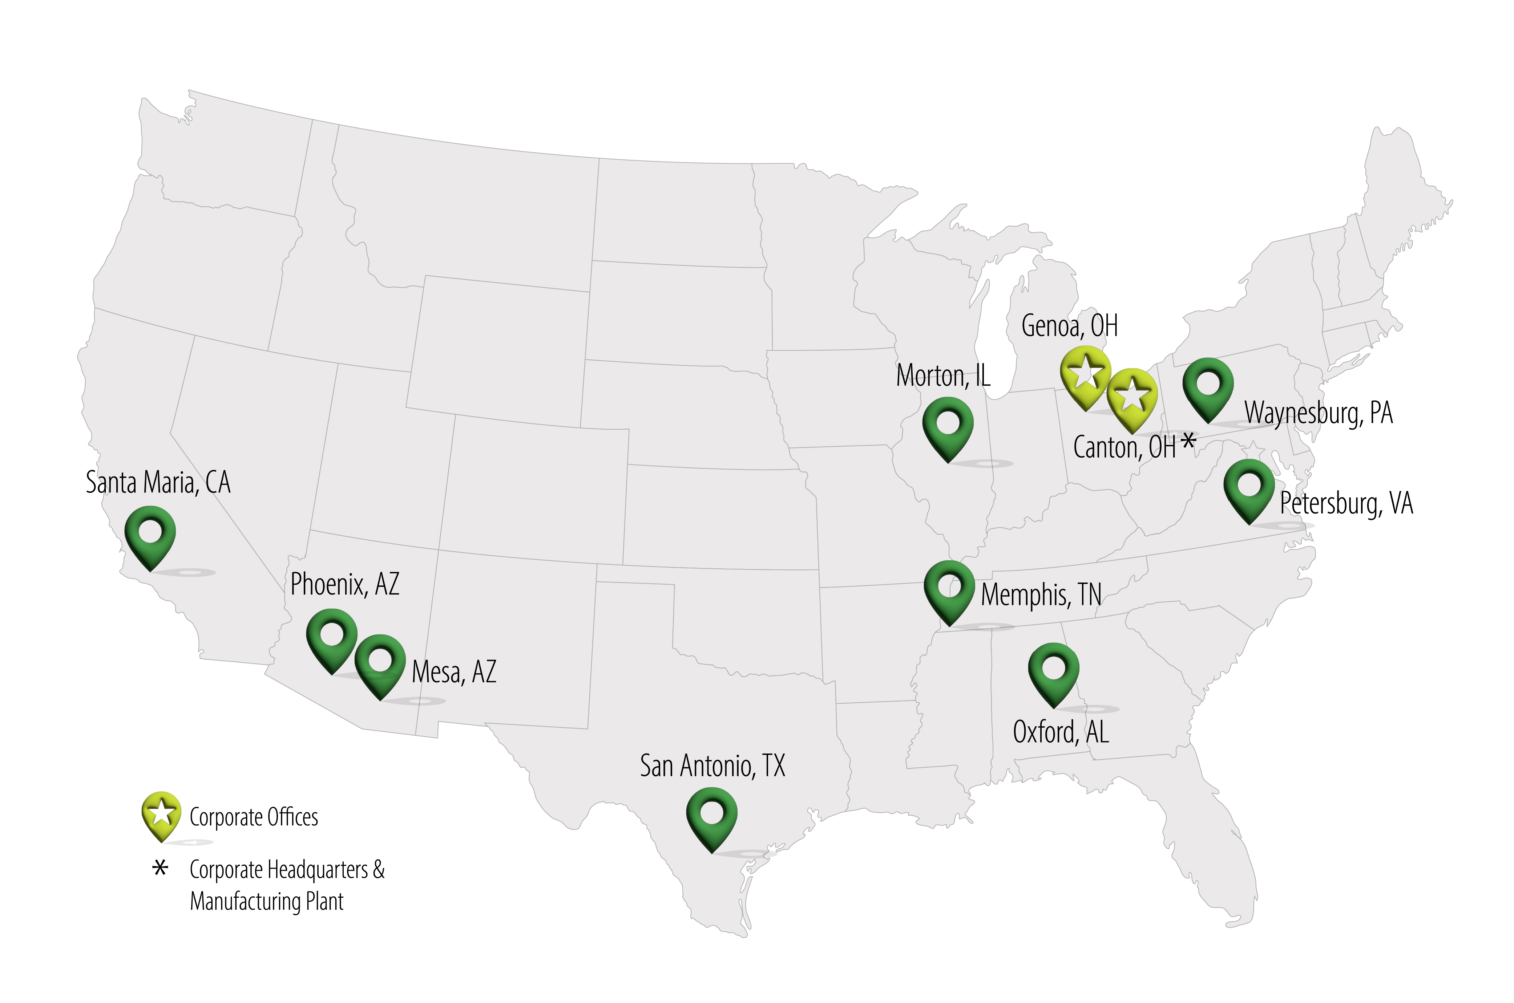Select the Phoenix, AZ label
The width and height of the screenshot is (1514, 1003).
[345, 584]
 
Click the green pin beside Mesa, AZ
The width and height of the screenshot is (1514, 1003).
[380, 663]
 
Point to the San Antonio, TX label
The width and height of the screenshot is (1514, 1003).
[712, 766]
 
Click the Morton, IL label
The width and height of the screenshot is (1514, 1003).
[943, 375]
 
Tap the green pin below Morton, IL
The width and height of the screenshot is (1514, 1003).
[948, 425]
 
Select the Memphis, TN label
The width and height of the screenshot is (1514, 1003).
[1041, 595]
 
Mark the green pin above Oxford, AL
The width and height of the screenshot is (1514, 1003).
[1053, 672]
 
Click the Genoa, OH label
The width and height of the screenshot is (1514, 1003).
[1069, 326]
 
